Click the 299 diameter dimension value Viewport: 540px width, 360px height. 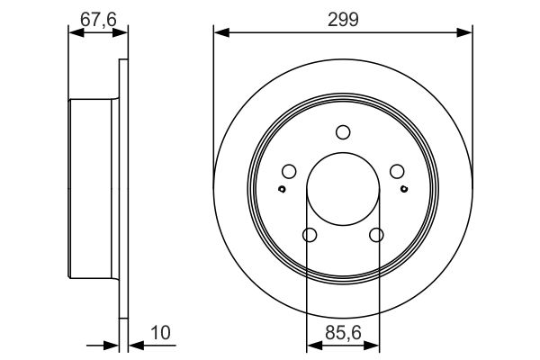click(343, 19)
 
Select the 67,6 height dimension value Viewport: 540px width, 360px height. click(98, 19)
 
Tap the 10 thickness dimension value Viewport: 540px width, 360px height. click(161, 333)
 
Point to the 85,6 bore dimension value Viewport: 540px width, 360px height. click(343, 333)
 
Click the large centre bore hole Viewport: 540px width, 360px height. click(343, 189)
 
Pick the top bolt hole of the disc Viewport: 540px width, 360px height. click(343, 132)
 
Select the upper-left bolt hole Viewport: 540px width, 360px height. click(289, 172)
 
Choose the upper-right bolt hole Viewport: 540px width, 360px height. click(397, 172)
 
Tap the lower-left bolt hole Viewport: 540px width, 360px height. click(310, 235)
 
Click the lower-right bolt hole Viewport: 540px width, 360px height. click(376, 235)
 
